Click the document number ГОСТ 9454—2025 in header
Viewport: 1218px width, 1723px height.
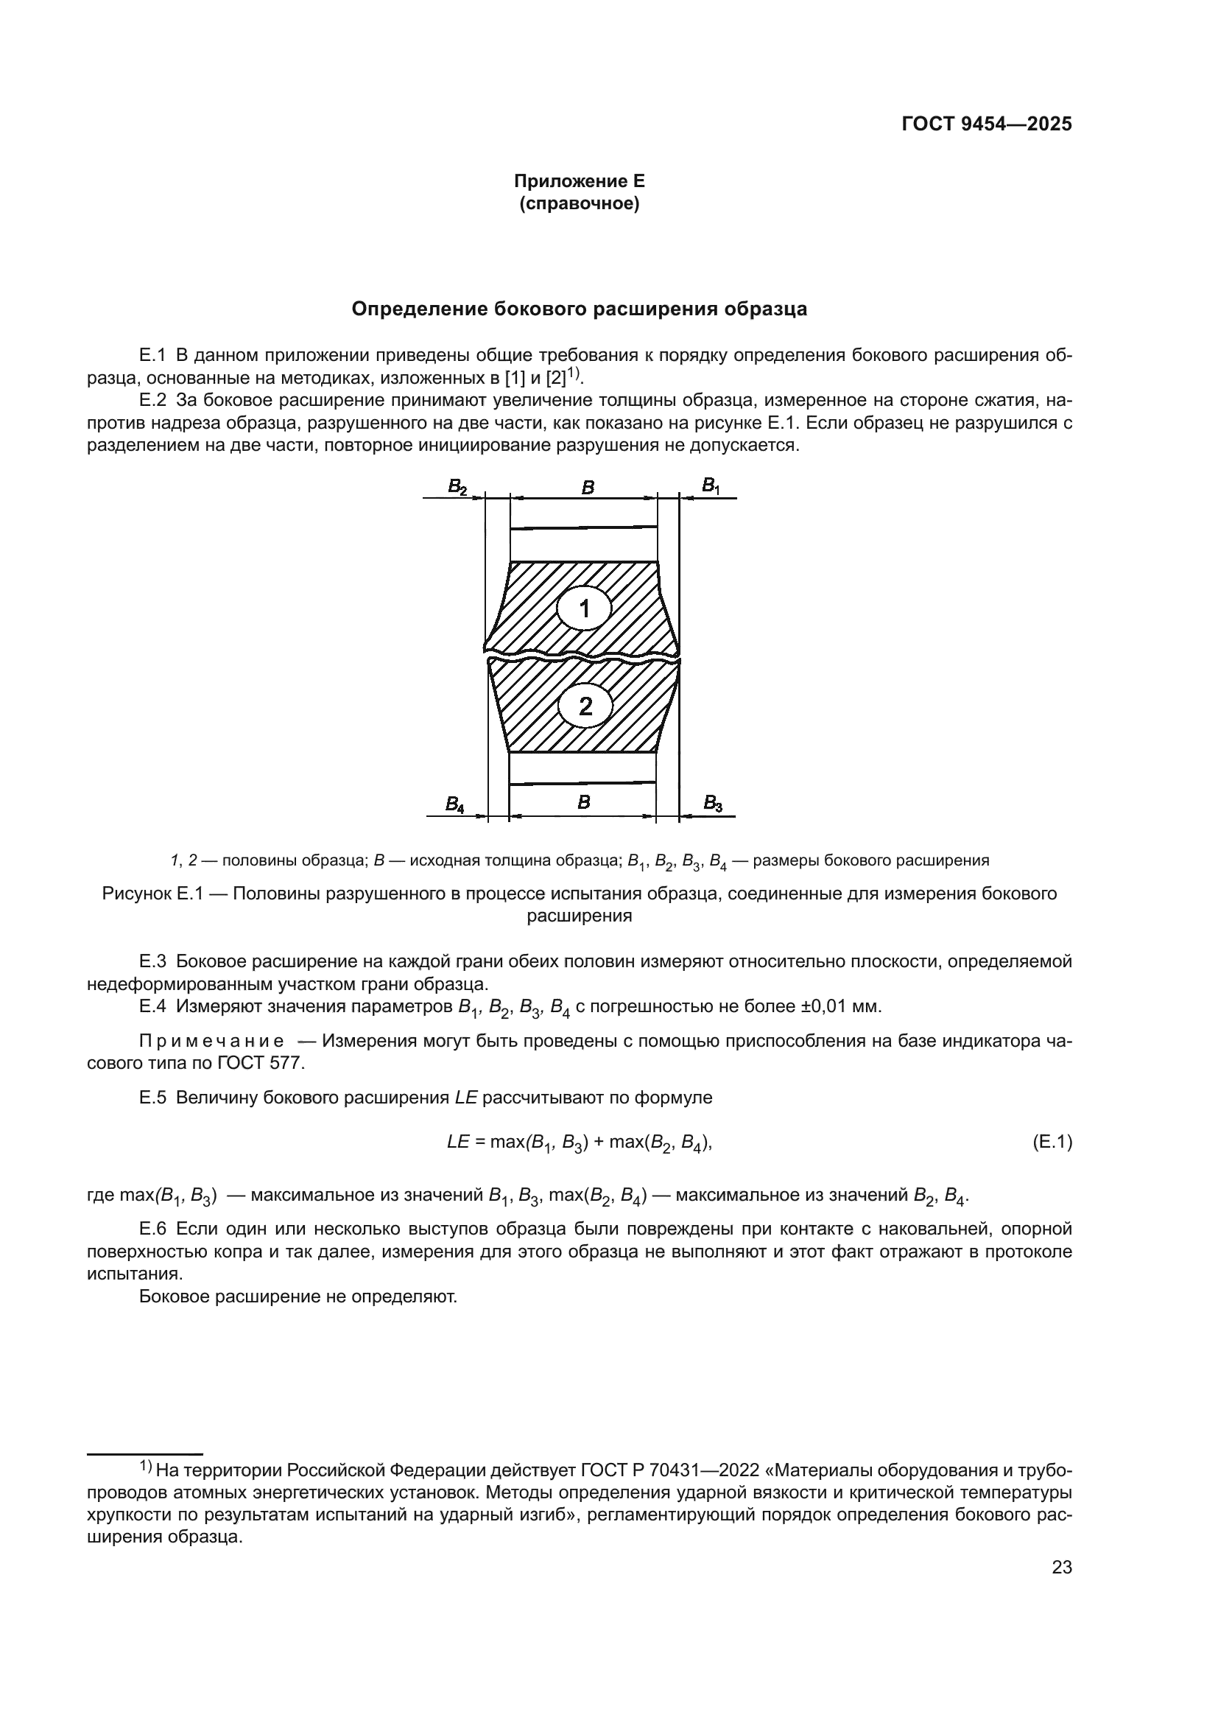986,124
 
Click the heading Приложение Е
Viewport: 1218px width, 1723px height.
579,181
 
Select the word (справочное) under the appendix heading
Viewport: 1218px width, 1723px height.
579,203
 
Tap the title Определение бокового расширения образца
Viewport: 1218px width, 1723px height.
579,309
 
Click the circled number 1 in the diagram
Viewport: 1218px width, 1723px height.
584,608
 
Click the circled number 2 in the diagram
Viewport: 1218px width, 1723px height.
585,706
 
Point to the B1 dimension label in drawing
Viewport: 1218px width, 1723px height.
710,486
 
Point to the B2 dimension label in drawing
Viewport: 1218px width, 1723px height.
457,487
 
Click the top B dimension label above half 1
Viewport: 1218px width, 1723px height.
588,488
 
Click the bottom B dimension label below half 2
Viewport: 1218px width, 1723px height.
583,802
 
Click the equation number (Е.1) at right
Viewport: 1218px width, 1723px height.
1052,1143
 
